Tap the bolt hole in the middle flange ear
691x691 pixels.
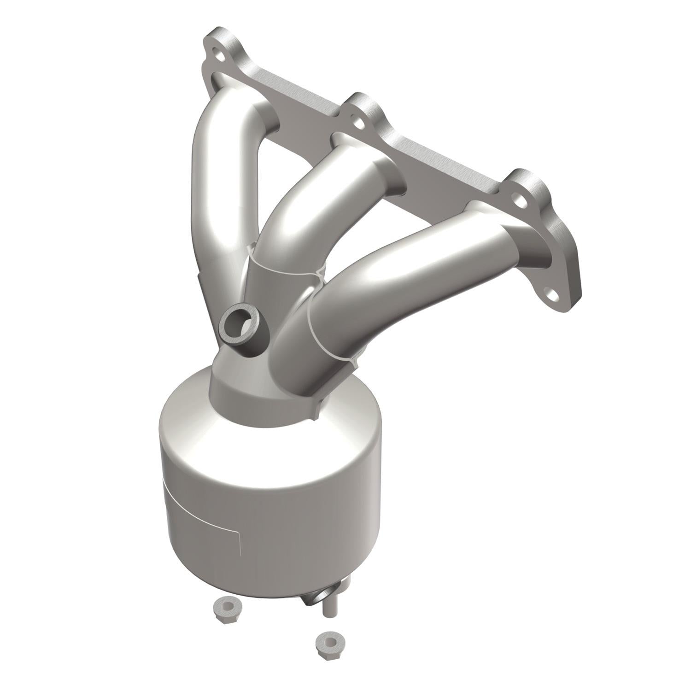[x=358, y=123]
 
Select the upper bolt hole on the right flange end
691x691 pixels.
[x=520, y=200]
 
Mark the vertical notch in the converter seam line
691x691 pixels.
[x=239, y=544]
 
